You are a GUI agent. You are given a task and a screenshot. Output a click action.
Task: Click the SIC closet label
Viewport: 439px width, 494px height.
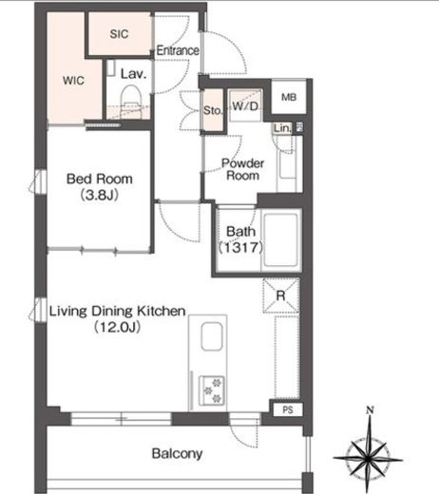[x=119, y=33]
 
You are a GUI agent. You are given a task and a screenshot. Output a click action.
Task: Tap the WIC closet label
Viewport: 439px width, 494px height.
[x=73, y=80]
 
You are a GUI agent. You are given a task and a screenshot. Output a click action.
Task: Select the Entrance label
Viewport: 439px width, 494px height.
[x=178, y=50]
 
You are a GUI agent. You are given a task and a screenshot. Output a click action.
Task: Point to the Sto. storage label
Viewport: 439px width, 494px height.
[x=213, y=110]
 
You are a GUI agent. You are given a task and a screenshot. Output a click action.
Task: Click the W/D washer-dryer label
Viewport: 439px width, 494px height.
[x=245, y=105]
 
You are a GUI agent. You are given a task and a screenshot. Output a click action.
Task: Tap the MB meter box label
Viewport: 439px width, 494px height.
[x=289, y=97]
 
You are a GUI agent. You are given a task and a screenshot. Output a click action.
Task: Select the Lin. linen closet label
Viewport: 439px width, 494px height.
[x=282, y=128]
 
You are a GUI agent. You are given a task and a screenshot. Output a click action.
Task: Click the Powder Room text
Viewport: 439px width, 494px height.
[x=242, y=169]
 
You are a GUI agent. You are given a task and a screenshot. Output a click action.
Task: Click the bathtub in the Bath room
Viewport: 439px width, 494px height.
[x=280, y=240]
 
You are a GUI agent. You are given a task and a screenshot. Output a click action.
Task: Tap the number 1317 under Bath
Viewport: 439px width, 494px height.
[x=240, y=247]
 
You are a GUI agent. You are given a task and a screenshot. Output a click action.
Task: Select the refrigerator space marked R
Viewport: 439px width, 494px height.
[x=281, y=295]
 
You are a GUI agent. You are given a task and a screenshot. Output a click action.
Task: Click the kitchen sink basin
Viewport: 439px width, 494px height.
[x=212, y=336]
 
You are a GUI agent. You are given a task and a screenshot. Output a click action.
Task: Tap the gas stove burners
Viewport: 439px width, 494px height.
[x=212, y=390]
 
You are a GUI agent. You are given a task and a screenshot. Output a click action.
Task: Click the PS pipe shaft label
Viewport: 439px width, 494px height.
[x=288, y=409]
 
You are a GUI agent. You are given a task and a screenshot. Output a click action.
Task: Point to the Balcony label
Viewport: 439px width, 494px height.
[x=177, y=453]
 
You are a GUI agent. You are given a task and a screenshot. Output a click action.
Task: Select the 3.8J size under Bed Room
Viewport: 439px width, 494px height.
[x=100, y=195]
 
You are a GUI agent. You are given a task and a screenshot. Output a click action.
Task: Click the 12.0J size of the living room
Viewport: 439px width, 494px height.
[x=118, y=327]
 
